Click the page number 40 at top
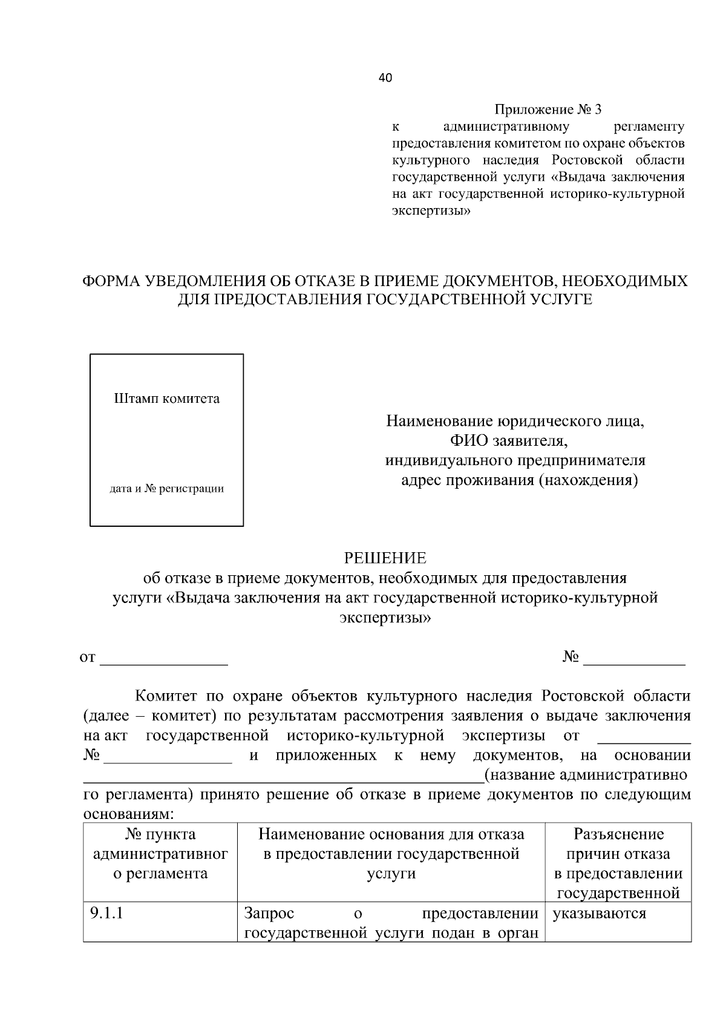point(385,77)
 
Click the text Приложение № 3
point(548,109)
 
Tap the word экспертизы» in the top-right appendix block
point(431,211)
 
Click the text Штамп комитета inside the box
point(167,399)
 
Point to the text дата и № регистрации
point(166,489)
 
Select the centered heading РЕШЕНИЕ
point(385,558)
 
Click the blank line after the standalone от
point(163,662)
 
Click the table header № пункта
point(160,835)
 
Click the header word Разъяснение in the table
point(618,835)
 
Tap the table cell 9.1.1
point(106,913)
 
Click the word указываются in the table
point(599,913)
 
